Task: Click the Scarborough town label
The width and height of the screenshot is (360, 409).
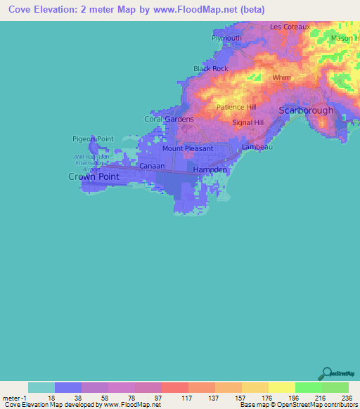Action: click(306, 110)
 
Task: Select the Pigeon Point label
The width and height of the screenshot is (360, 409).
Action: click(92, 139)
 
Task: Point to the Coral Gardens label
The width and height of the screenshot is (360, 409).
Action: click(169, 119)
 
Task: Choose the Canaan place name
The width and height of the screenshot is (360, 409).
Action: click(152, 166)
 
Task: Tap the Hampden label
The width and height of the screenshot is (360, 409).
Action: click(210, 170)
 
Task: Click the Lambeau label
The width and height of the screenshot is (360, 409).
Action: click(256, 148)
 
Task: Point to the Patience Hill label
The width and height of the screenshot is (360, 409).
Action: click(236, 107)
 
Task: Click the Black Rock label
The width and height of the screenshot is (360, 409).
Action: click(211, 69)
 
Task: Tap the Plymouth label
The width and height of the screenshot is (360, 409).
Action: click(226, 38)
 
